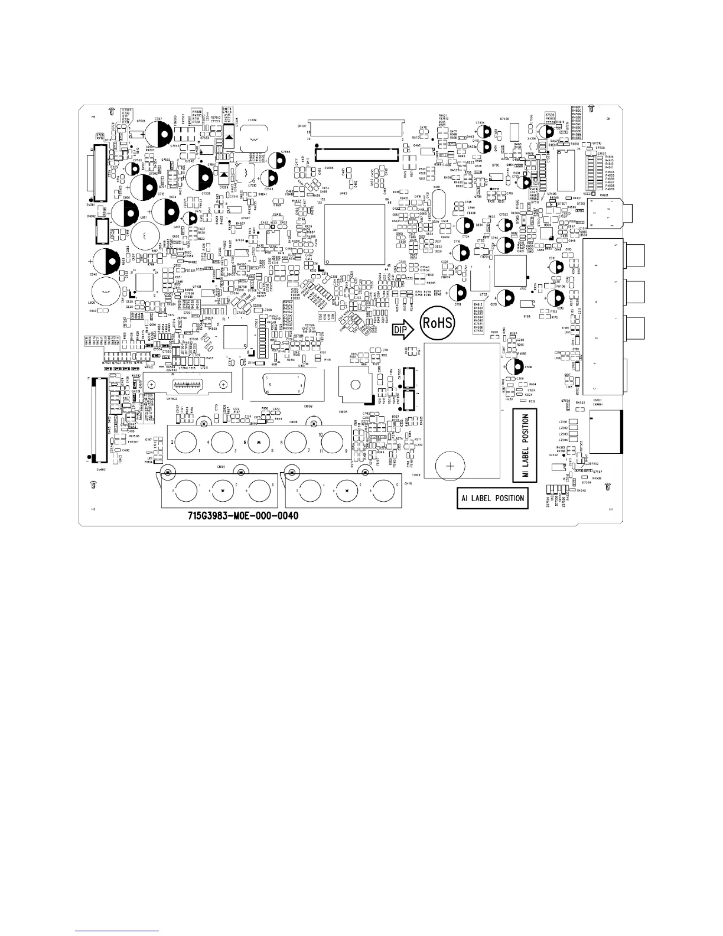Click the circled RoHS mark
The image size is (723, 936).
(x=437, y=323)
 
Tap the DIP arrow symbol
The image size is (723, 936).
(x=404, y=330)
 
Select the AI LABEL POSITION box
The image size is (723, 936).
(x=492, y=498)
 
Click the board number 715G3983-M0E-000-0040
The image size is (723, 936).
(x=239, y=516)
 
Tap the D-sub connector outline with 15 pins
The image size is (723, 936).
(x=284, y=385)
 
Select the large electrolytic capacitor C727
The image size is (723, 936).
(x=159, y=130)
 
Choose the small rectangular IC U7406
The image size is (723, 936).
(x=513, y=129)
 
